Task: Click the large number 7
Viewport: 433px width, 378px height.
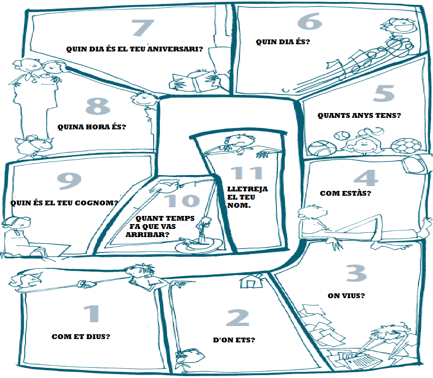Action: [x=143, y=28]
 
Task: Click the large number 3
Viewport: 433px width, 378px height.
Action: [x=356, y=273]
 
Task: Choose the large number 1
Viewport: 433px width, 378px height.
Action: [x=91, y=314]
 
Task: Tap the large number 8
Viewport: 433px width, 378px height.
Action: [x=98, y=107]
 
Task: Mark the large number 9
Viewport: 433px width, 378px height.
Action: [x=69, y=180]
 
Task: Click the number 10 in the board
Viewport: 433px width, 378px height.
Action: [x=181, y=201]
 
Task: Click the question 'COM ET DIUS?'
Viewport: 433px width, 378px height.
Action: [x=80, y=337]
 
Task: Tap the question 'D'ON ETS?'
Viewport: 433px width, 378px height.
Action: [x=234, y=340]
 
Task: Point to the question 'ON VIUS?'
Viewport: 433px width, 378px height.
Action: [x=346, y=295]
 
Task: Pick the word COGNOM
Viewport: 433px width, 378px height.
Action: [x=99, y=202]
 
